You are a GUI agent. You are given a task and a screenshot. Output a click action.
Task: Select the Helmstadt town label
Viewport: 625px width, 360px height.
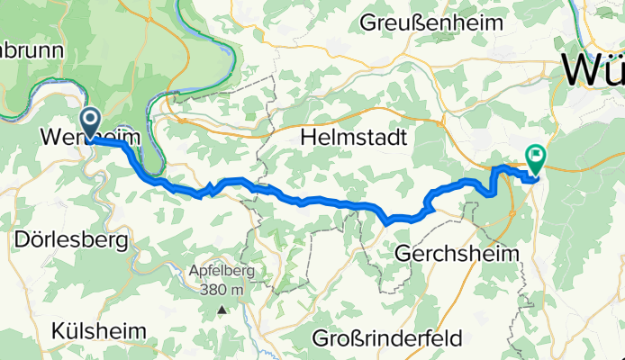pos(354,139)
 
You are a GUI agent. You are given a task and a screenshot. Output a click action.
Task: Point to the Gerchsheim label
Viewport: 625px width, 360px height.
pos(457,255)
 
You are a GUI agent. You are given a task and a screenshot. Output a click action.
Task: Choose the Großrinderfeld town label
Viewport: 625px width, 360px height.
pos(387,338)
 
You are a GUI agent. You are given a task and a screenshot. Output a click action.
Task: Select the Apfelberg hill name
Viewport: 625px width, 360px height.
pos(222,271)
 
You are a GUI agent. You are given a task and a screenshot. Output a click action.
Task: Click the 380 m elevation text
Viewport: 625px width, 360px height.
pos(222,289)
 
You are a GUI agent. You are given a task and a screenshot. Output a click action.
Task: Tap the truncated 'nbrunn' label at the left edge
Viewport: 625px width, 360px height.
pos(32,50)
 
